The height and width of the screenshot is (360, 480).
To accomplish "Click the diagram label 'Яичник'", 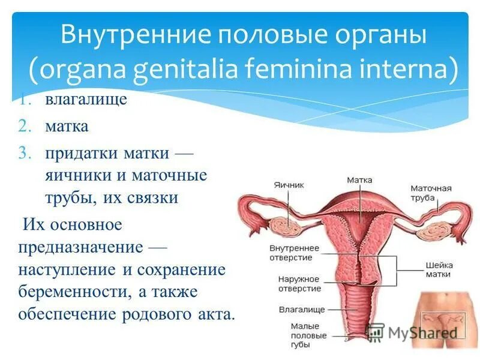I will click(x=289, y=185).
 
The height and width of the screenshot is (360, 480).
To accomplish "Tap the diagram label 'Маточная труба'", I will click(x=430, y=193).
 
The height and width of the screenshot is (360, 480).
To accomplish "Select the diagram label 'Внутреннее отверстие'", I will click(x=290, y=252).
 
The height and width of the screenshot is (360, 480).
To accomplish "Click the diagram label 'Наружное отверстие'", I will click(x=298, y=283).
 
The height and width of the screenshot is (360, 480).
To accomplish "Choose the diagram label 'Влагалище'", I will click(x=302, y=310).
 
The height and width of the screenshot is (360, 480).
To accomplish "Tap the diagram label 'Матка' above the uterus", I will click(x=359, y=179).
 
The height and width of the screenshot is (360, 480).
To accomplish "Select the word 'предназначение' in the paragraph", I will click(x=80, y=247).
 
